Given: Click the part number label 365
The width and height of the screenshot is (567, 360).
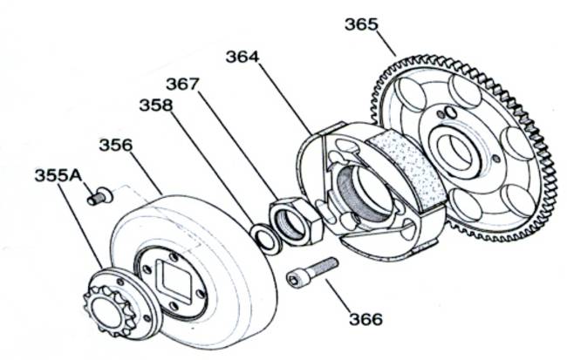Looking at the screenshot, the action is coord(361,24).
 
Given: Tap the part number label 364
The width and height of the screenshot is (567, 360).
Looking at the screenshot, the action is coord(243,57).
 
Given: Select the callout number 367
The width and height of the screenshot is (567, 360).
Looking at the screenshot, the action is coord(182,84).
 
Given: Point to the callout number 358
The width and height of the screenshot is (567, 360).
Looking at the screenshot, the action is coord(156,105).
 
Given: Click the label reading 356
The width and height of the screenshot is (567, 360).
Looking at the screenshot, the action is coord(116,145).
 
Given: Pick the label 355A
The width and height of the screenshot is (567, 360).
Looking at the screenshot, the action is coord(58,175).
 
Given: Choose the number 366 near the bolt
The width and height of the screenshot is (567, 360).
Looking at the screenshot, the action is coord(365,319).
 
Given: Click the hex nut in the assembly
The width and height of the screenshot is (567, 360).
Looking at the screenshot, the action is coord(296,221).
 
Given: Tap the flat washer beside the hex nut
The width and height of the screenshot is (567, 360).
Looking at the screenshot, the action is coord(266,238).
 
